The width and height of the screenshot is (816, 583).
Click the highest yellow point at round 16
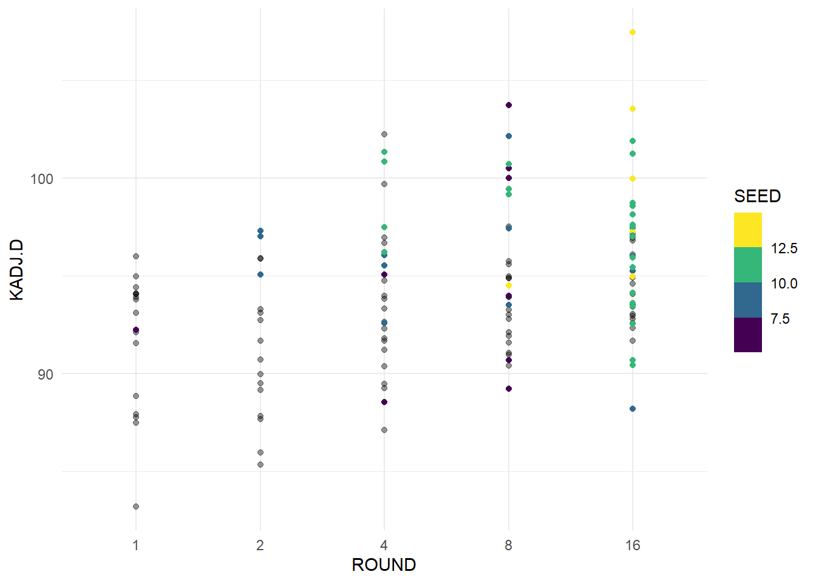tap(633, 32)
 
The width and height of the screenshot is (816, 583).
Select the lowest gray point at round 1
tap(136, 506)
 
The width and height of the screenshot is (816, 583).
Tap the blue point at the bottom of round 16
tap(633, 409)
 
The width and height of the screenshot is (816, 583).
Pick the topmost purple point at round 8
tap(509, 105)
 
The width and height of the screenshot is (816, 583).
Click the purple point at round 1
tap(136, 330)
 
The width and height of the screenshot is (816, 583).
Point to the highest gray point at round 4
tap(384, 134)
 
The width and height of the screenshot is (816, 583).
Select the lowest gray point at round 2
tap(260, 465)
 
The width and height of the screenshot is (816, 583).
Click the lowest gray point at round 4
tap(384, 430)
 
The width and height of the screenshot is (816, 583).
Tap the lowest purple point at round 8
tap(509, 389)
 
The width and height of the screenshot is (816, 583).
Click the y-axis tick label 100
tap(42, 179)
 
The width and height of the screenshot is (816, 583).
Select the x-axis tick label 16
tap(633, 545)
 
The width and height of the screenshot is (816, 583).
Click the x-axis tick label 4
tap(384, 545)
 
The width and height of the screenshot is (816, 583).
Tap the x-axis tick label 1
tap(136, 545)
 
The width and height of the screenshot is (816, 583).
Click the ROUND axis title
tap(384, 565)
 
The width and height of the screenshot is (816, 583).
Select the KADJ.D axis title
tap(16, 270)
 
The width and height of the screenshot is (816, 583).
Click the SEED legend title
tap(757, 196)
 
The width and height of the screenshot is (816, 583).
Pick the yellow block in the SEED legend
tap(747, 230)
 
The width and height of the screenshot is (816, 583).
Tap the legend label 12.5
tap(784, 248)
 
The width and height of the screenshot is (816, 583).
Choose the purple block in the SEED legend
tap(747, 335)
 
